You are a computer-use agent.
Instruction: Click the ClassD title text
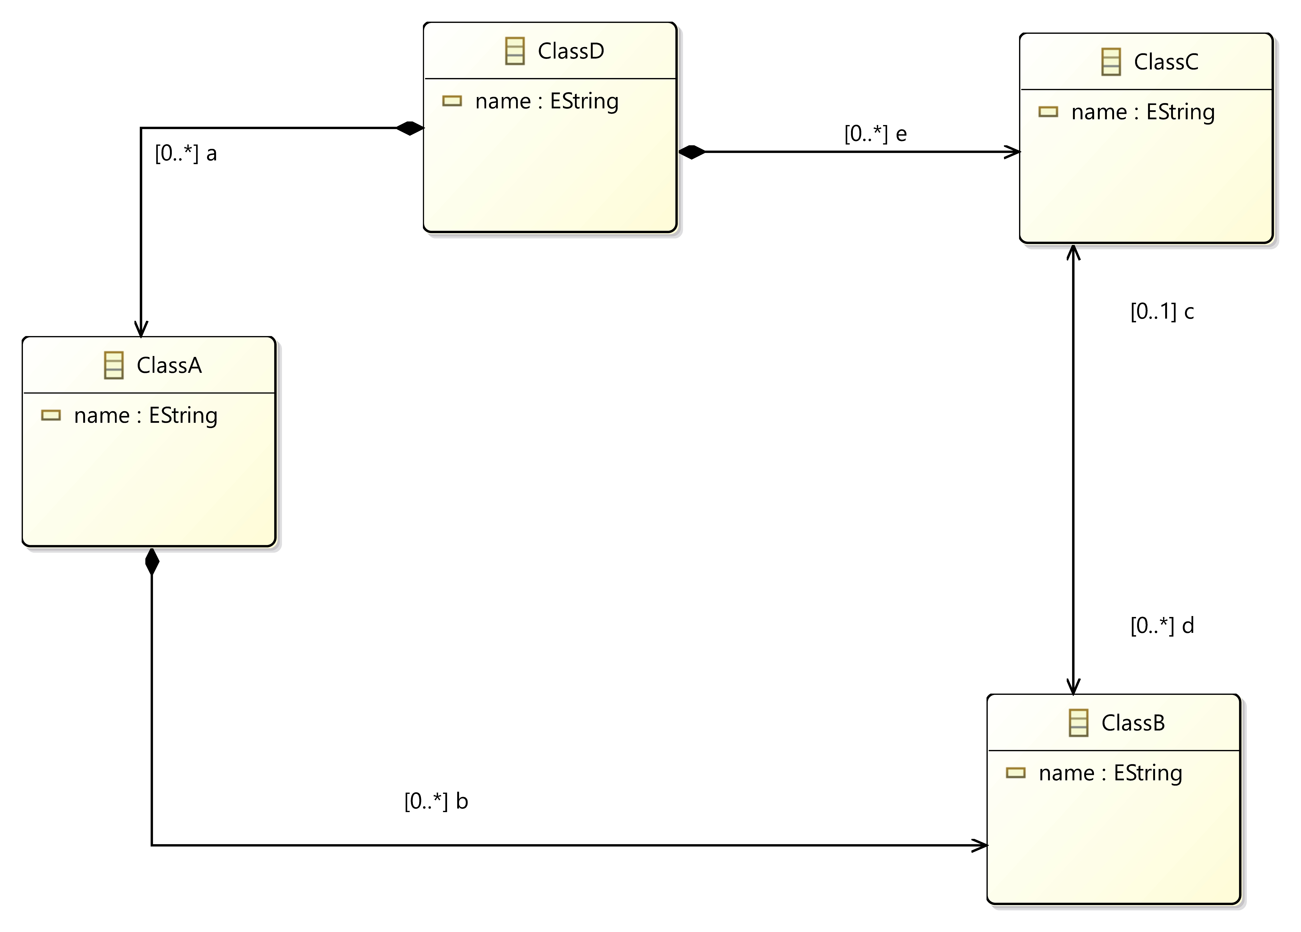[x=571, y=51]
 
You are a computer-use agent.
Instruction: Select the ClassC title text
[x=1166, y=62]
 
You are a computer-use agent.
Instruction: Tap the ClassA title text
[x=169, y=365]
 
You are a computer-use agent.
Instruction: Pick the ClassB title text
[x=1133, y=723]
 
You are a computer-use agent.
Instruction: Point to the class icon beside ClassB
[x=1078, y=723]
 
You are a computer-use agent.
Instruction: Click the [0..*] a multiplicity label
[x=186, y=154]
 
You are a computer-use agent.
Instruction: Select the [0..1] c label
[x=1162, y=311]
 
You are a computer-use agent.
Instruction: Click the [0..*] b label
[x=436, y=801]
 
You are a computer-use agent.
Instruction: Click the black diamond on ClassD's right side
[x=692, y=152]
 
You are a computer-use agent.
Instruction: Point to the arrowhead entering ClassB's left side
[x=980, y=845]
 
